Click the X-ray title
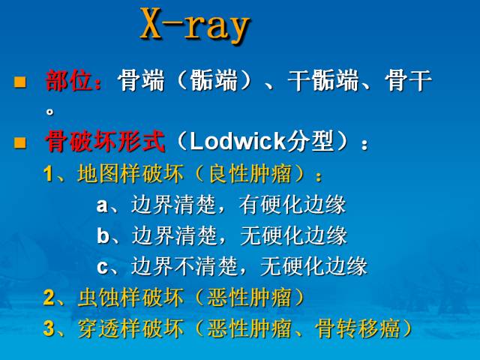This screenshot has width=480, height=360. coord(194,26)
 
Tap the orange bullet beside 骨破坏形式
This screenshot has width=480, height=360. coord(20,141)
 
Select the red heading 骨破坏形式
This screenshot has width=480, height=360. coord(106,141)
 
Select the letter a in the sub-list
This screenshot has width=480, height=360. coord(102,205)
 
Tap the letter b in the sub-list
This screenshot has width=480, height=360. coord(103,235)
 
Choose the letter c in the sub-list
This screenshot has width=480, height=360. coord(102,265)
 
